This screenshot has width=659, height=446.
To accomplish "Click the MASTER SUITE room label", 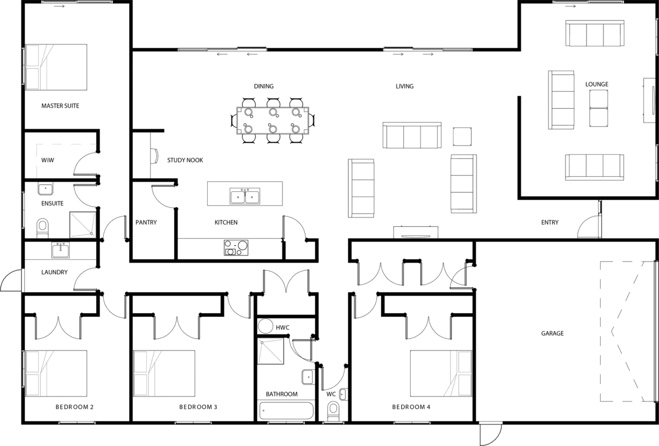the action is point(60,106).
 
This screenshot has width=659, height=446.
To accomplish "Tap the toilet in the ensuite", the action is point(42,228).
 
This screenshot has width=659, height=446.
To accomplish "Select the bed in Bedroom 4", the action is point(441,373).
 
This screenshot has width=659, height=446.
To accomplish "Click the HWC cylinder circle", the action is point(265,326).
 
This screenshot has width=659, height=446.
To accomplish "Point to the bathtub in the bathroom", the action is point(286,411).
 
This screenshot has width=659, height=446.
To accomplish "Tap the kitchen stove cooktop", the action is point(236,248).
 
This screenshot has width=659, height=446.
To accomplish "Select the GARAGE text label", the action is point(552,333).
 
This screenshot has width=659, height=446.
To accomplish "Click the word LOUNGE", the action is point(597,85).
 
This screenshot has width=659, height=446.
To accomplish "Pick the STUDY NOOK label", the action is point(185,160).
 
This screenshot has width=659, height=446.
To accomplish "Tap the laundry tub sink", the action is point(60,250).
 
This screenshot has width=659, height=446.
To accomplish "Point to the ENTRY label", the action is point(550,222).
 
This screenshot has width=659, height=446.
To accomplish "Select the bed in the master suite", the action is point(56,67).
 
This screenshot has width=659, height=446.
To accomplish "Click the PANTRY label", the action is point(146,222).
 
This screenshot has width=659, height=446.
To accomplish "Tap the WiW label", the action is point(47,160).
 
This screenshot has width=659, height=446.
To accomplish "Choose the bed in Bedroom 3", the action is point(164,373).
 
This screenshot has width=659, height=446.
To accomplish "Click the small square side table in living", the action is point(462,136).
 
